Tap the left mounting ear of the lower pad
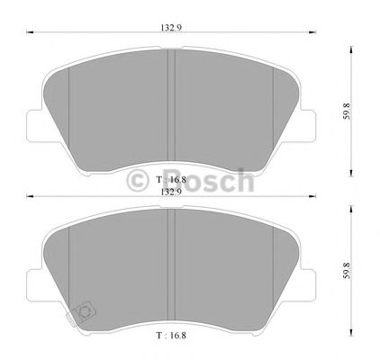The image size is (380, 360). pos(34,286)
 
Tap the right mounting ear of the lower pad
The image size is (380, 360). pos(308,286)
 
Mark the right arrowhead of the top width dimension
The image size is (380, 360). pos(314,36)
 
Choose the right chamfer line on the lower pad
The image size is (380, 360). pos(273,270)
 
